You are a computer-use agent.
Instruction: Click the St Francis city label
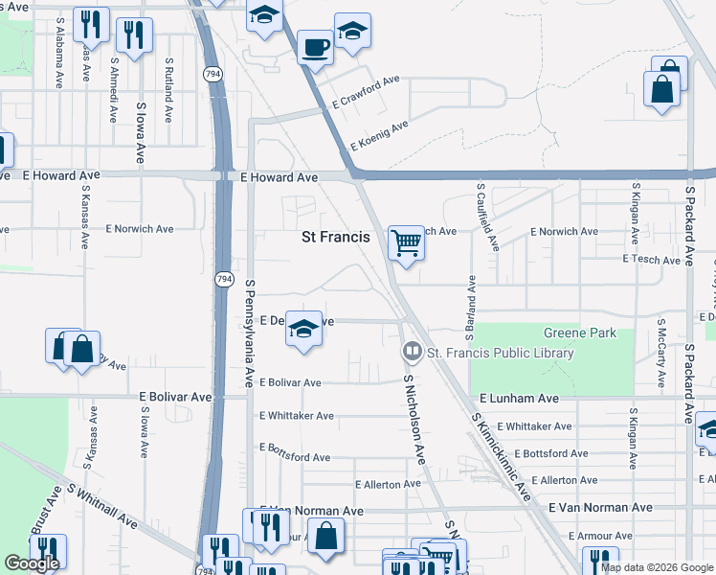pyautogui.click(x=335, y=235)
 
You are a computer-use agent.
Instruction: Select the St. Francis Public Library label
pyautogui.click(x=500, y=353)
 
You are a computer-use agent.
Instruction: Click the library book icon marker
pyautogui.click(x=413, y=353)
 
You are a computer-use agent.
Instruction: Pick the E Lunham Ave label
pyautogui.click(x=519, y=398)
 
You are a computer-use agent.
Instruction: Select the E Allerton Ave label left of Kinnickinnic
pyautogui.click(x=388, y=484)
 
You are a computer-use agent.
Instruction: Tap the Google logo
pyautogui.click(x=32, y=563)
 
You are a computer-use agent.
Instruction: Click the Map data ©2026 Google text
pyautogui.click(x=656, y=567)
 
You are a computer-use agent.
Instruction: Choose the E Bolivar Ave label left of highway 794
pyautogui.click(x=175, y=397)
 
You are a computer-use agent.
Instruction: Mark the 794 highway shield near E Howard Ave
pyautogui.click(x=212, y=73)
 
